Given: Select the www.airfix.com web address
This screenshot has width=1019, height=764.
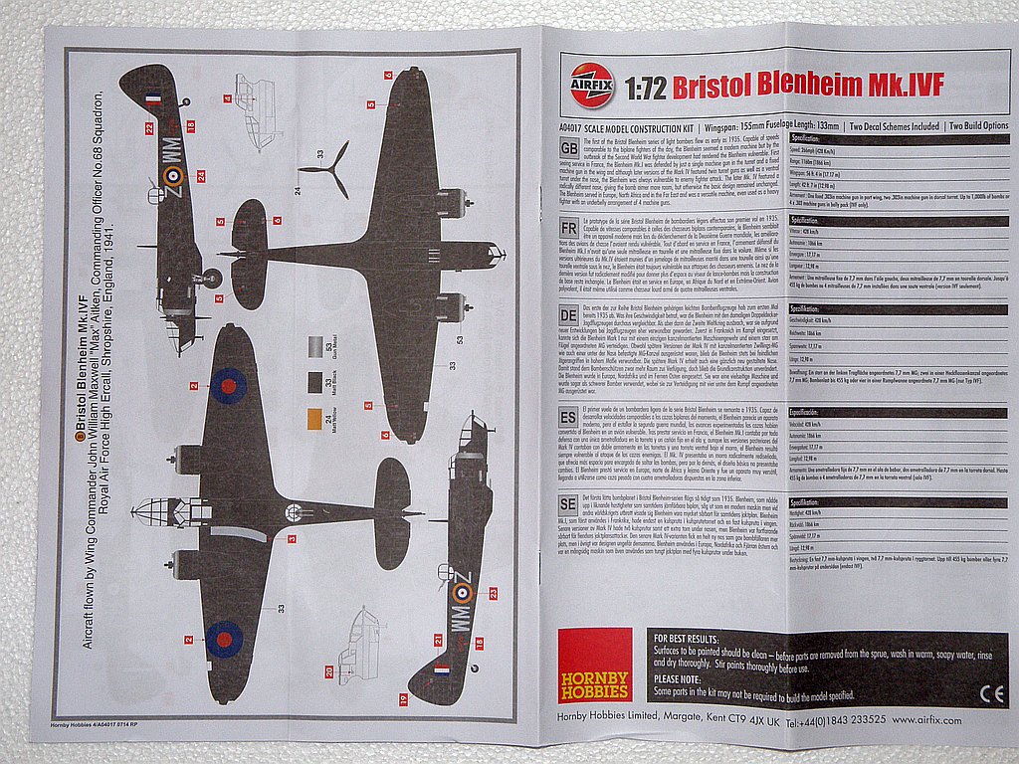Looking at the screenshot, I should coord(927,719).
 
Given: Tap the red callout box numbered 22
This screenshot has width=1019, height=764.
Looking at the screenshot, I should coord(149,128).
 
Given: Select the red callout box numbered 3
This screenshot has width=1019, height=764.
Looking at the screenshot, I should coord(292,538).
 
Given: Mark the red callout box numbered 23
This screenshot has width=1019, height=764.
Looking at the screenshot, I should coord(493,593).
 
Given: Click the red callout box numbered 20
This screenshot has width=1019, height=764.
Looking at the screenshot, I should coord(328,671).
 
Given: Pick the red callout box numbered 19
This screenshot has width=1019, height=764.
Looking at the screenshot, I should coord(403,700).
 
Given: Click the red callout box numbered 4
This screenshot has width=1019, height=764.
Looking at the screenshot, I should coord(228,98).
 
